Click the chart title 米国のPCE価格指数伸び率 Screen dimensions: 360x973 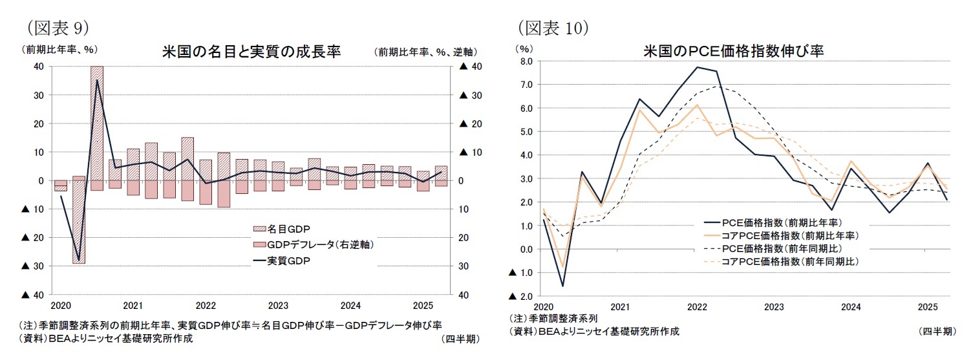(733, 51)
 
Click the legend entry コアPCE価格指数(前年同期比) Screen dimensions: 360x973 (786, 261)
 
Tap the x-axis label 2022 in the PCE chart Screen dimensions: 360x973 (696, 306)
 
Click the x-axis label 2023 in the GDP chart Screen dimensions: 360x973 (278, 305)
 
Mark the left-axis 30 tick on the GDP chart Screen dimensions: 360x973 (38, 95)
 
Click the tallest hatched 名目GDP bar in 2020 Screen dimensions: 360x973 (97, 123)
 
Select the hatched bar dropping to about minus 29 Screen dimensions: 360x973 (79, 220)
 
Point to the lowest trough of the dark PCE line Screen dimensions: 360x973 (562, 286)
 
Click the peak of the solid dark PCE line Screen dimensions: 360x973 (697, 67)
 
